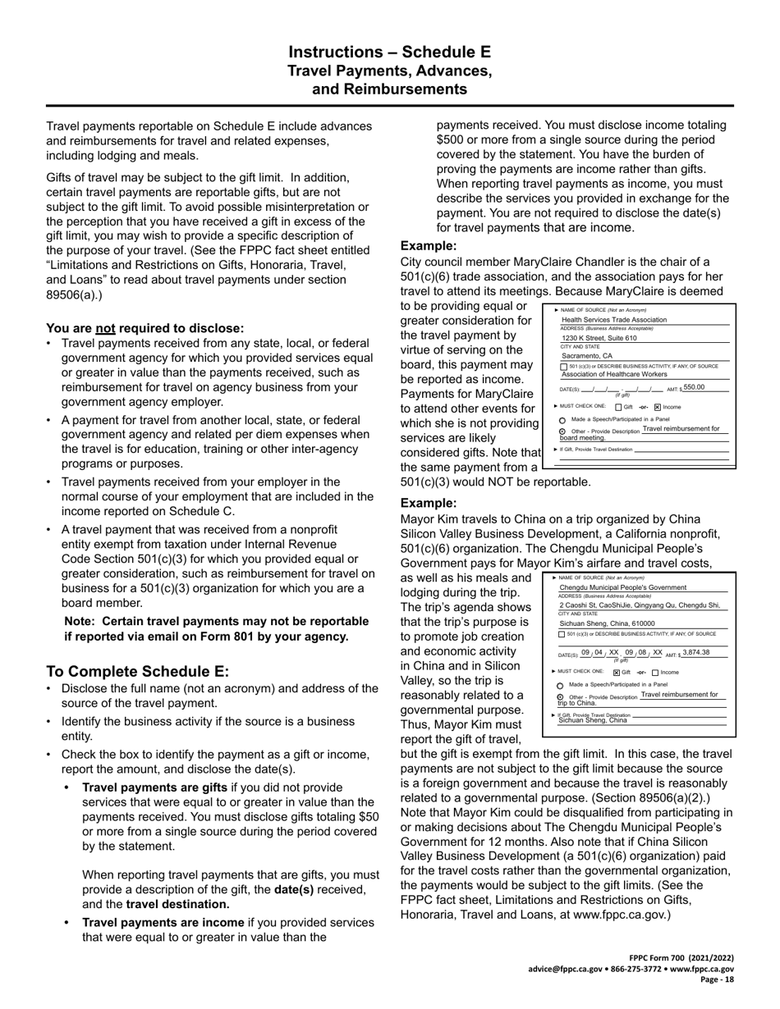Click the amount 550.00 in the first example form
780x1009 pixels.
[694, 387]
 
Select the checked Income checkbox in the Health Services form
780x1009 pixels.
[658, 407]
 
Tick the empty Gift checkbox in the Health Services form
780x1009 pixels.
[618, 407]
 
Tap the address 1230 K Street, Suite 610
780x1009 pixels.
[599, 338]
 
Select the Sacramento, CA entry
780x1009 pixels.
[587, 356]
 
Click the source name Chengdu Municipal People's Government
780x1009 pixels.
[622, 587]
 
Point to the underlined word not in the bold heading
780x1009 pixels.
[105, 327]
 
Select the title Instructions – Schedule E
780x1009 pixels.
[390, 53]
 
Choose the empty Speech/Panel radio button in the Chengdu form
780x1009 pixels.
[561, 684]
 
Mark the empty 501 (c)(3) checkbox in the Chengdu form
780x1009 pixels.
[562, 634]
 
